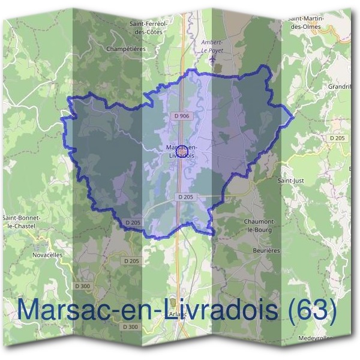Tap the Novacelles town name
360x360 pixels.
[47, 254]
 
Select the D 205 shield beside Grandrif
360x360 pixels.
[337, 138]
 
